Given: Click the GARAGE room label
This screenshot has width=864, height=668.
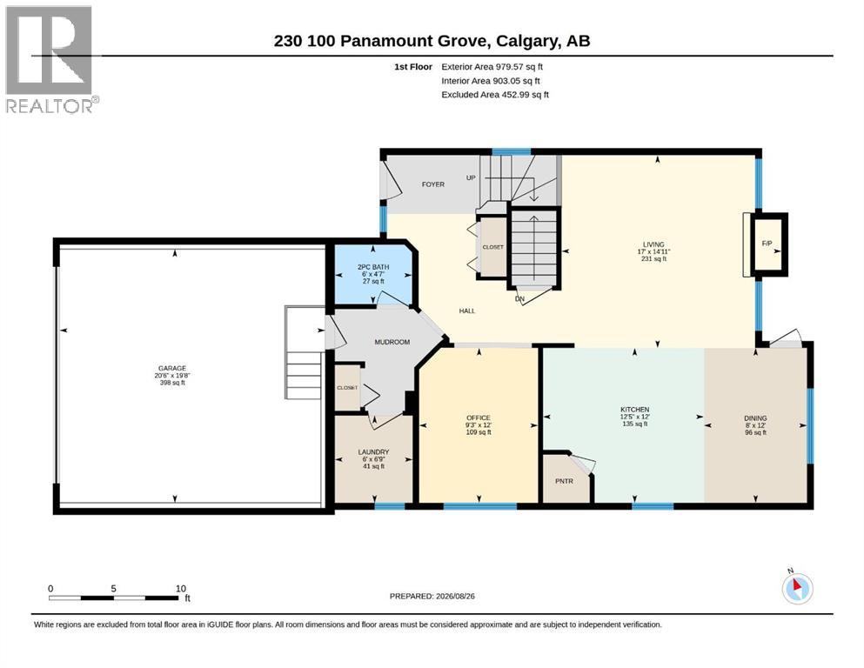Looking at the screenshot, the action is (172, 369).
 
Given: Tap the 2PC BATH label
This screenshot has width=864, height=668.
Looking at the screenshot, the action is (373, 267).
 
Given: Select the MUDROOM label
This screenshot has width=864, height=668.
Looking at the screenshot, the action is (392, 342).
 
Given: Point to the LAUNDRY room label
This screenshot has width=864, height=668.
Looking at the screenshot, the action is (373, 452).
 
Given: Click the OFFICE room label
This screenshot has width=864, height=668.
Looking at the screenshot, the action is (479, 418).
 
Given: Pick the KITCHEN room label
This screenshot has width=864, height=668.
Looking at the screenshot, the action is (635, 410).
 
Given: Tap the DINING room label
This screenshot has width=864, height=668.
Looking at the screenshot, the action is (755, 418).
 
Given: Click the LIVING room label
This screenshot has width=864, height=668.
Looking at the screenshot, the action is (653, 244).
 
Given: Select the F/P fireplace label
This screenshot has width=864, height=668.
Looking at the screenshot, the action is (767, 244).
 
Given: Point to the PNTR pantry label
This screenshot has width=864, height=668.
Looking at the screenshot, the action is (564, 481).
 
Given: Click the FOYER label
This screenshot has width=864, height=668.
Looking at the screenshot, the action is (433, 184).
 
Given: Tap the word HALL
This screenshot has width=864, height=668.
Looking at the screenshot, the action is (467, 311).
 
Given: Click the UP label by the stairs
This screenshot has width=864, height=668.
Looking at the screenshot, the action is (471, 178).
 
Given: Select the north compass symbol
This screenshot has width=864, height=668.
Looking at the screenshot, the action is (797, 588).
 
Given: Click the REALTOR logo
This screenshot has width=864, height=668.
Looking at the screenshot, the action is (52, 59).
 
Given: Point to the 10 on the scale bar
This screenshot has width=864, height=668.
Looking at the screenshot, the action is (181, 589).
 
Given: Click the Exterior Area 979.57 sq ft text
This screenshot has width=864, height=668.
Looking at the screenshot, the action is (492, 67).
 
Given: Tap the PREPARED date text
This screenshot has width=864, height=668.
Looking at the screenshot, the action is (432, 597).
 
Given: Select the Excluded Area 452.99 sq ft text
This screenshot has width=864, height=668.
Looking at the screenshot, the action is (495, 95).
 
